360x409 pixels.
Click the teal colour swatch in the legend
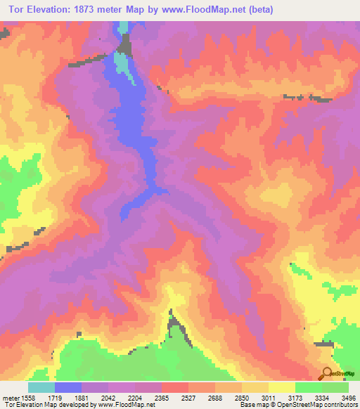41,387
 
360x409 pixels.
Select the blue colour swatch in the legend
68,387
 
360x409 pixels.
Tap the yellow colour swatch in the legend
282,387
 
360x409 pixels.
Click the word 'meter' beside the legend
8,397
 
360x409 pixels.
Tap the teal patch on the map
123,67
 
